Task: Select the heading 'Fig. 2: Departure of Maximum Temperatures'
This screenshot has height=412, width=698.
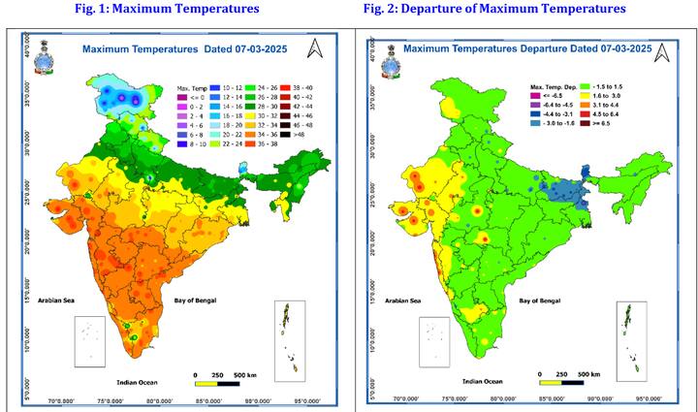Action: [x=494, y=9]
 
